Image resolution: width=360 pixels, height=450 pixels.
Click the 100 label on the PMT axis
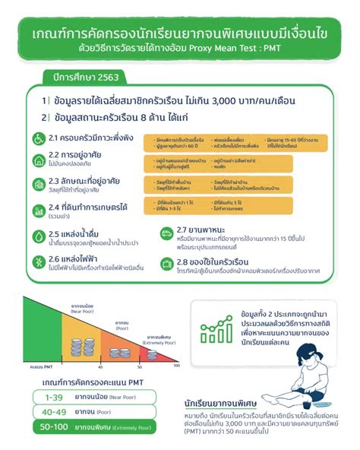[177, 366]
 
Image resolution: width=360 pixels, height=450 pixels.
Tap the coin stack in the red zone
[149, 353]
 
